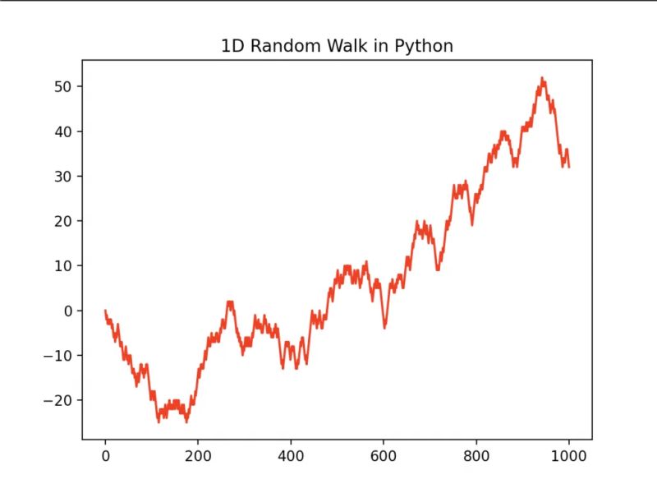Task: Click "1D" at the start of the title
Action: pyautogui.click(x=232, y=47)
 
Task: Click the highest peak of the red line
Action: pyautogui.click(x=542, y=78)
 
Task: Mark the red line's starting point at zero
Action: pyautogui.click(x=105, y=311)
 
